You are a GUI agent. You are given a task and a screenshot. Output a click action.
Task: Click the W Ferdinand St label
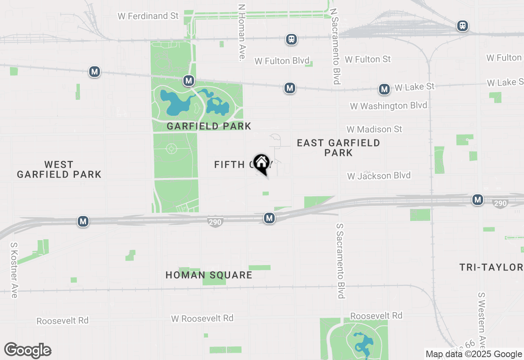point(148,16)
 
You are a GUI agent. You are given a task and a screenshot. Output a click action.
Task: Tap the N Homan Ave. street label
point(242,33)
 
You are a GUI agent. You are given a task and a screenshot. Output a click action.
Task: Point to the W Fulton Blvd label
point(282,61)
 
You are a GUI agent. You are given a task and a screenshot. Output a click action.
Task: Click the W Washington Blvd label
point(388,106)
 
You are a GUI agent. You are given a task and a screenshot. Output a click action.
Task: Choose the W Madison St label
point(374,129)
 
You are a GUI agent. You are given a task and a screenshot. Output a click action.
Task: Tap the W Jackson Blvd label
point(379,176)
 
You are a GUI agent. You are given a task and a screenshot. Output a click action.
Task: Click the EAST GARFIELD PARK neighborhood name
point(338,148)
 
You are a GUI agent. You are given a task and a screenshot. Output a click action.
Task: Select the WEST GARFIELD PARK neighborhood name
point(59,169)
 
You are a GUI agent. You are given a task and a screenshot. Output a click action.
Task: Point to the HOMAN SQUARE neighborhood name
point(209,275)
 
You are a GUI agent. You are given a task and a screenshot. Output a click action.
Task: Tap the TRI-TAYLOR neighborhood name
point(491,268)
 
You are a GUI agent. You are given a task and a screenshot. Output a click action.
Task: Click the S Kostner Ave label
point(14,270)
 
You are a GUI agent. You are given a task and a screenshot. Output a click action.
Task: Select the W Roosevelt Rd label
point(202,318)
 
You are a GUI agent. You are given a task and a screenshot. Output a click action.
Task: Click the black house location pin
point(261,164)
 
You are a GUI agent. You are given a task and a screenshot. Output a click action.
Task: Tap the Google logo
point(27,351)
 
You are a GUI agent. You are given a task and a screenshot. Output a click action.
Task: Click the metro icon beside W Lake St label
point(384,89)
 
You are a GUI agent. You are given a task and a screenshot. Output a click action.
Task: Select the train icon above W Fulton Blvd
point(291,39)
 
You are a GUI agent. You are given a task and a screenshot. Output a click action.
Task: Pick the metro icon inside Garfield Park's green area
point(188,81)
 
